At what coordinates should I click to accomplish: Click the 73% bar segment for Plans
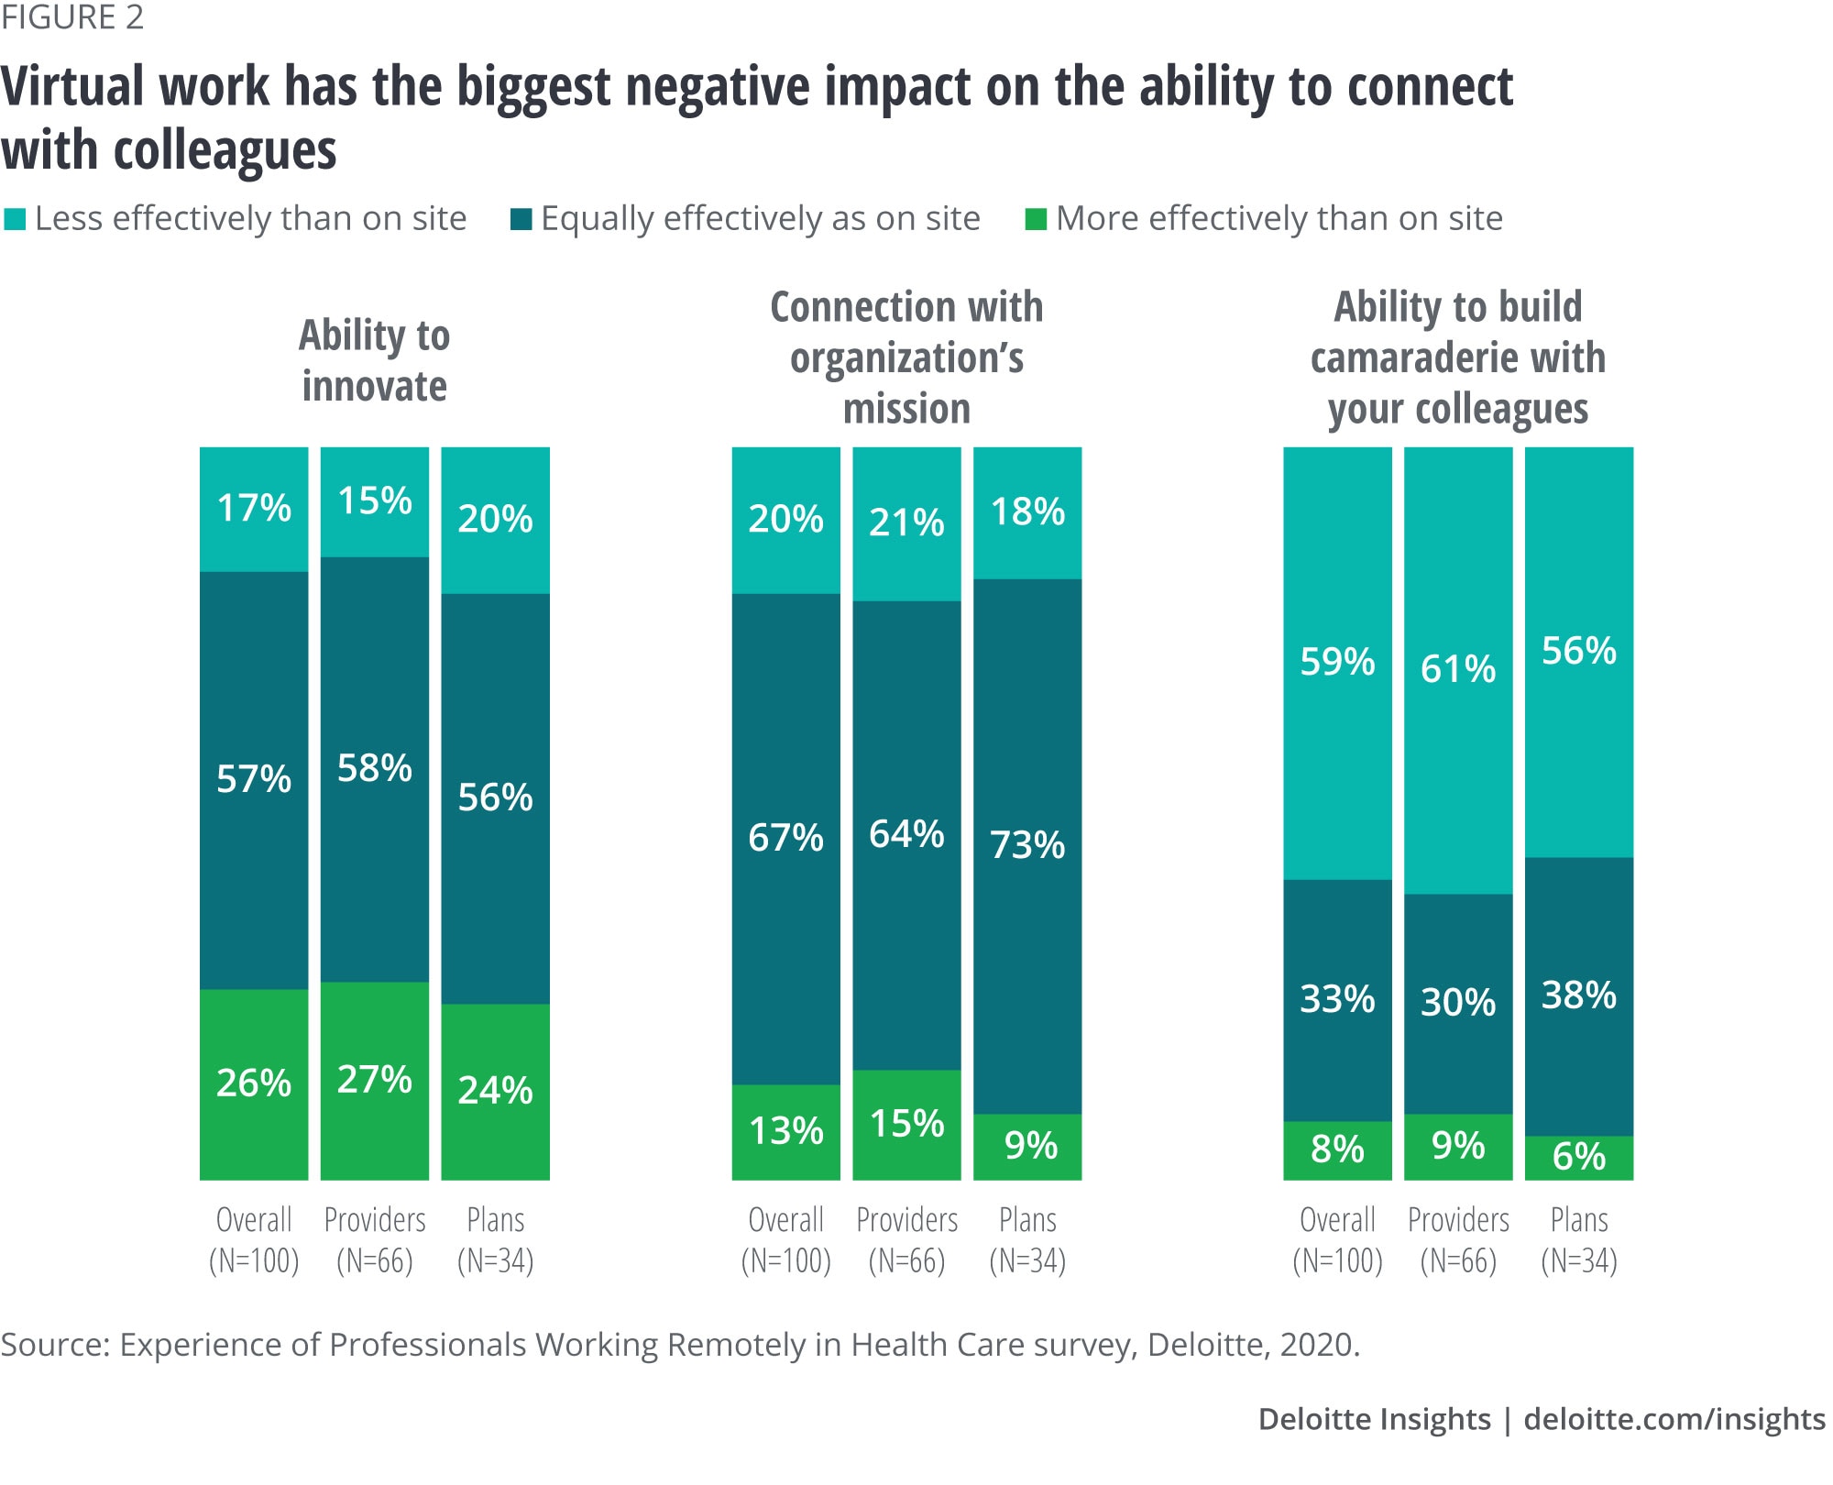pos(1027,845)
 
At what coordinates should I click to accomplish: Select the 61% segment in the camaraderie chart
pos(1458,670)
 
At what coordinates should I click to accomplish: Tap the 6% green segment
pos(1579,1157)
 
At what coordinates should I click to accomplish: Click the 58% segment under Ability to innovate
pos(375,768)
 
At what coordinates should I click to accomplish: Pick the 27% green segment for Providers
pos(375,1080)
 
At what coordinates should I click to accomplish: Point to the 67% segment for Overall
pos(785,838)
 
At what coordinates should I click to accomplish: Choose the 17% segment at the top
pos(254,509)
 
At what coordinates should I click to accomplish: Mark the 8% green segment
pos(1337,1149)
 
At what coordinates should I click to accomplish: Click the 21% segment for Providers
pos(906,523)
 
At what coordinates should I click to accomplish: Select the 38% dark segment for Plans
pos(1579,995)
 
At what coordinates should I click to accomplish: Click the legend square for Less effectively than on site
pos(15,220)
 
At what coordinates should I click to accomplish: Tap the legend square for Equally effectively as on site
pos(521,220)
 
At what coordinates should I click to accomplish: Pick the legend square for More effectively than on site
pos(1036,220)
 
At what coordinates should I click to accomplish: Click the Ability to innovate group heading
pos(375,360)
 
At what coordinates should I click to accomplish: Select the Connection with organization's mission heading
pos(906,357)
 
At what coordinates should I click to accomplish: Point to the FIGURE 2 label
pos(72,18)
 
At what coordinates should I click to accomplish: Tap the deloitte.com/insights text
pos(1674,1419)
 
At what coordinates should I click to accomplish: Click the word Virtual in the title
pos(73,87)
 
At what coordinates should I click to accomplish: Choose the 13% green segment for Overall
pos(785,1131)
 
